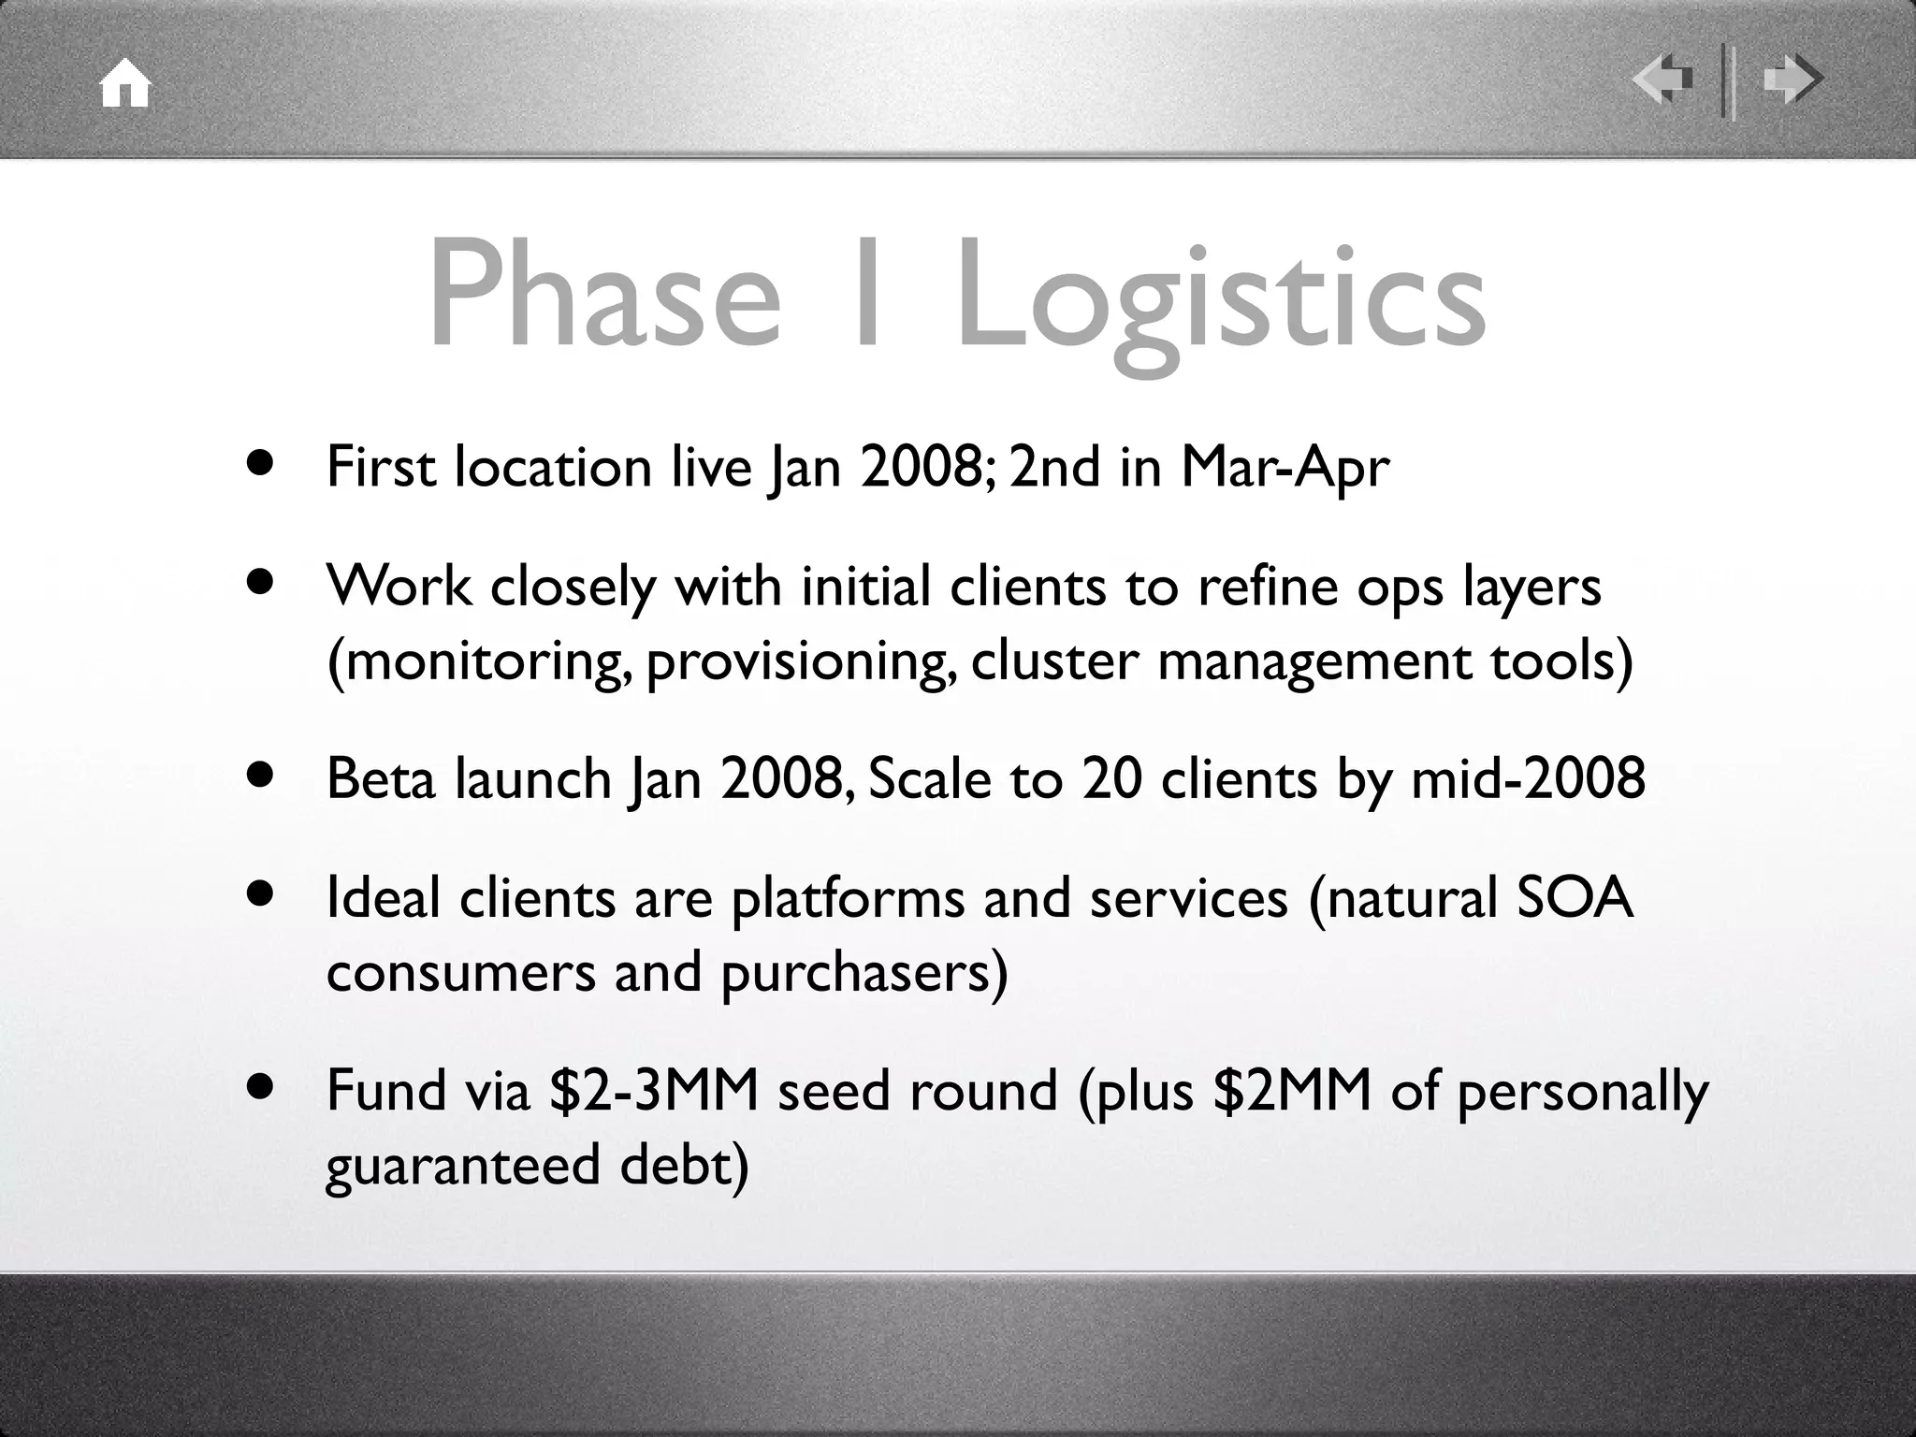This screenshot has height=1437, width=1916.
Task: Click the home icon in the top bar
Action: click(x=125, y=84)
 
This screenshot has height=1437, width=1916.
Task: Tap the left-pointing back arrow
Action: click(x=1662, y=80)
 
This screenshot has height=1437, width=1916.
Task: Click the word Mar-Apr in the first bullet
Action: click(x=1285, y=468)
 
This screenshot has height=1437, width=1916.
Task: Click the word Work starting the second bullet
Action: click(x=399, y=587)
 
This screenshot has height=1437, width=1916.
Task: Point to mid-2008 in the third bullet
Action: click(x=1527, y=778)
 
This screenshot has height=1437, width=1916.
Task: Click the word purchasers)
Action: click(x=864, y=973)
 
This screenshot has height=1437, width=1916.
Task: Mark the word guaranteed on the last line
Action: click(x=462, y=1167)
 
